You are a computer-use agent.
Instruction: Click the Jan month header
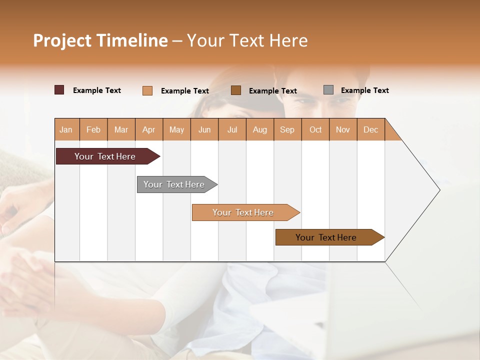click(66, 129)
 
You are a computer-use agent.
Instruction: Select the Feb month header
click(93, 129)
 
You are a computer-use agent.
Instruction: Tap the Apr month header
click(148, 129)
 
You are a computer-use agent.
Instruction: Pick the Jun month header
click(204, 129)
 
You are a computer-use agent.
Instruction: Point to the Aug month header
click(259, 129)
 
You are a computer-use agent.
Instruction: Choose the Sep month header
click(287, 129)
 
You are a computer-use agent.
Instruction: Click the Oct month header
click(315, 129)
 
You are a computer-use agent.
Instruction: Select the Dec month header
click(370, 129)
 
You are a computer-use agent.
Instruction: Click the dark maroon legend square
click(59, 90)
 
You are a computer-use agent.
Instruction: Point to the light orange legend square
click(147, 90)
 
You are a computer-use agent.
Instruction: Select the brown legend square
click(236, 90)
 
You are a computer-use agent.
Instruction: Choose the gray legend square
click(328, 90)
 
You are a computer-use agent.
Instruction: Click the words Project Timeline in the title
click(100, 40)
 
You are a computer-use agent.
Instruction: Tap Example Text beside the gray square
click(364, 90)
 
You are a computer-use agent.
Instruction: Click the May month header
click(176, 129)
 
